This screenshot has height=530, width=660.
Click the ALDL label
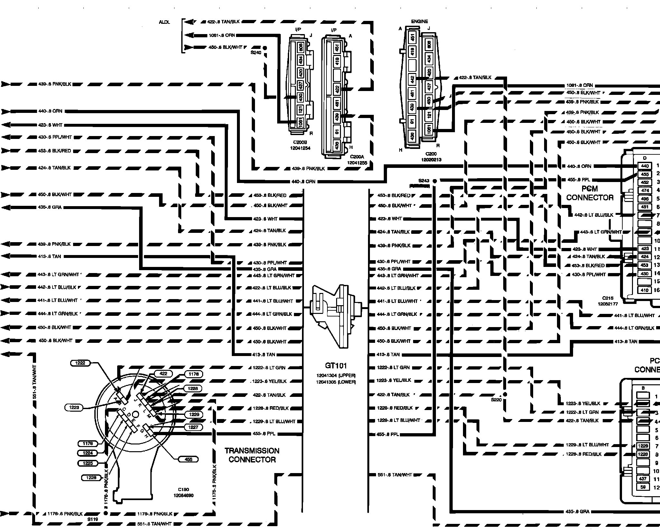coord(164,22)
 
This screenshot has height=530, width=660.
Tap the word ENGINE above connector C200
coord(420,22)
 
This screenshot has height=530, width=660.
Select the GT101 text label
coord(336,366)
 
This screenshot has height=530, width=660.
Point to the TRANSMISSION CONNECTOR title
coord(252,455)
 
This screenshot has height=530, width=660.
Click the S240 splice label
coord(256,52)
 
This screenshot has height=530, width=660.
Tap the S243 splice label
coord(424,181)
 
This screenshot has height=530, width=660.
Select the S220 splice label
coord(496,400)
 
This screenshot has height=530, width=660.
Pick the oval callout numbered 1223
coord(74,407)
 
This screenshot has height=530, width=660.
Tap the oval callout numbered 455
coord(188,459)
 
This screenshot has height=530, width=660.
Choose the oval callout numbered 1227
coord(193,427)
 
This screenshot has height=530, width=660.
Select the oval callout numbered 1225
coord(88,463)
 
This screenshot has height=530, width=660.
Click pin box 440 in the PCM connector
coord(645,166)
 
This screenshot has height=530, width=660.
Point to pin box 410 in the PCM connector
coord(645,290)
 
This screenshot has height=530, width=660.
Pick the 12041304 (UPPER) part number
coord(336,376)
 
